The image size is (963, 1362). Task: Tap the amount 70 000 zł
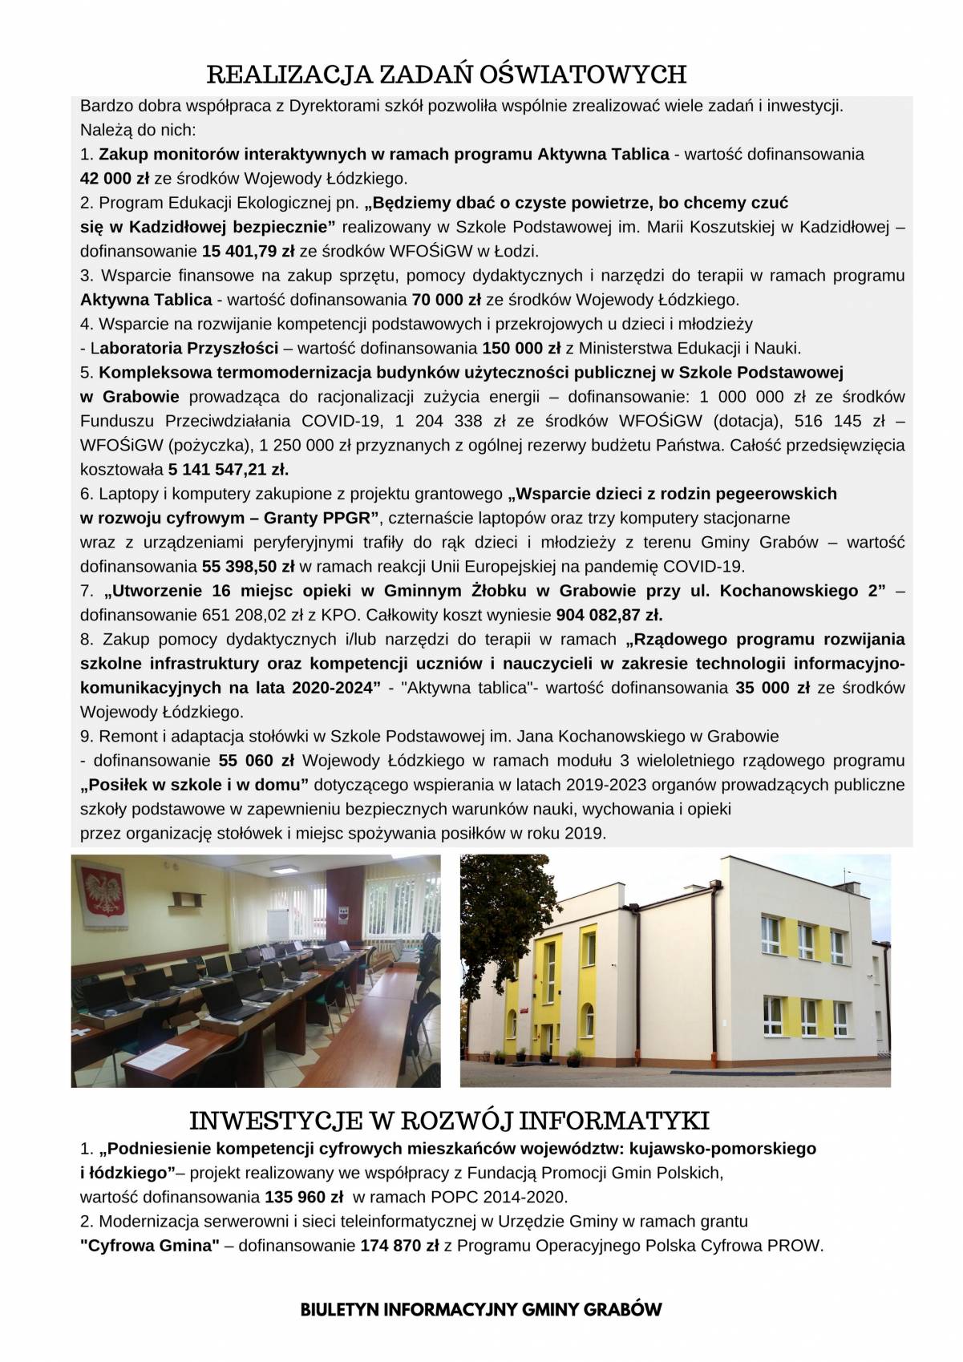[x=446, y=301]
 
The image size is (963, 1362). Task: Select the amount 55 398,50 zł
[x=249, y=567]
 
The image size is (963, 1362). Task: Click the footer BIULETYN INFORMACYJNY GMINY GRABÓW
[x=481, y=1311]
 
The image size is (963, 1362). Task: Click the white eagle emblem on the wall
[x=100, y=895]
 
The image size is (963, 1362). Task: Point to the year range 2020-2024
[x=331, y=688]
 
